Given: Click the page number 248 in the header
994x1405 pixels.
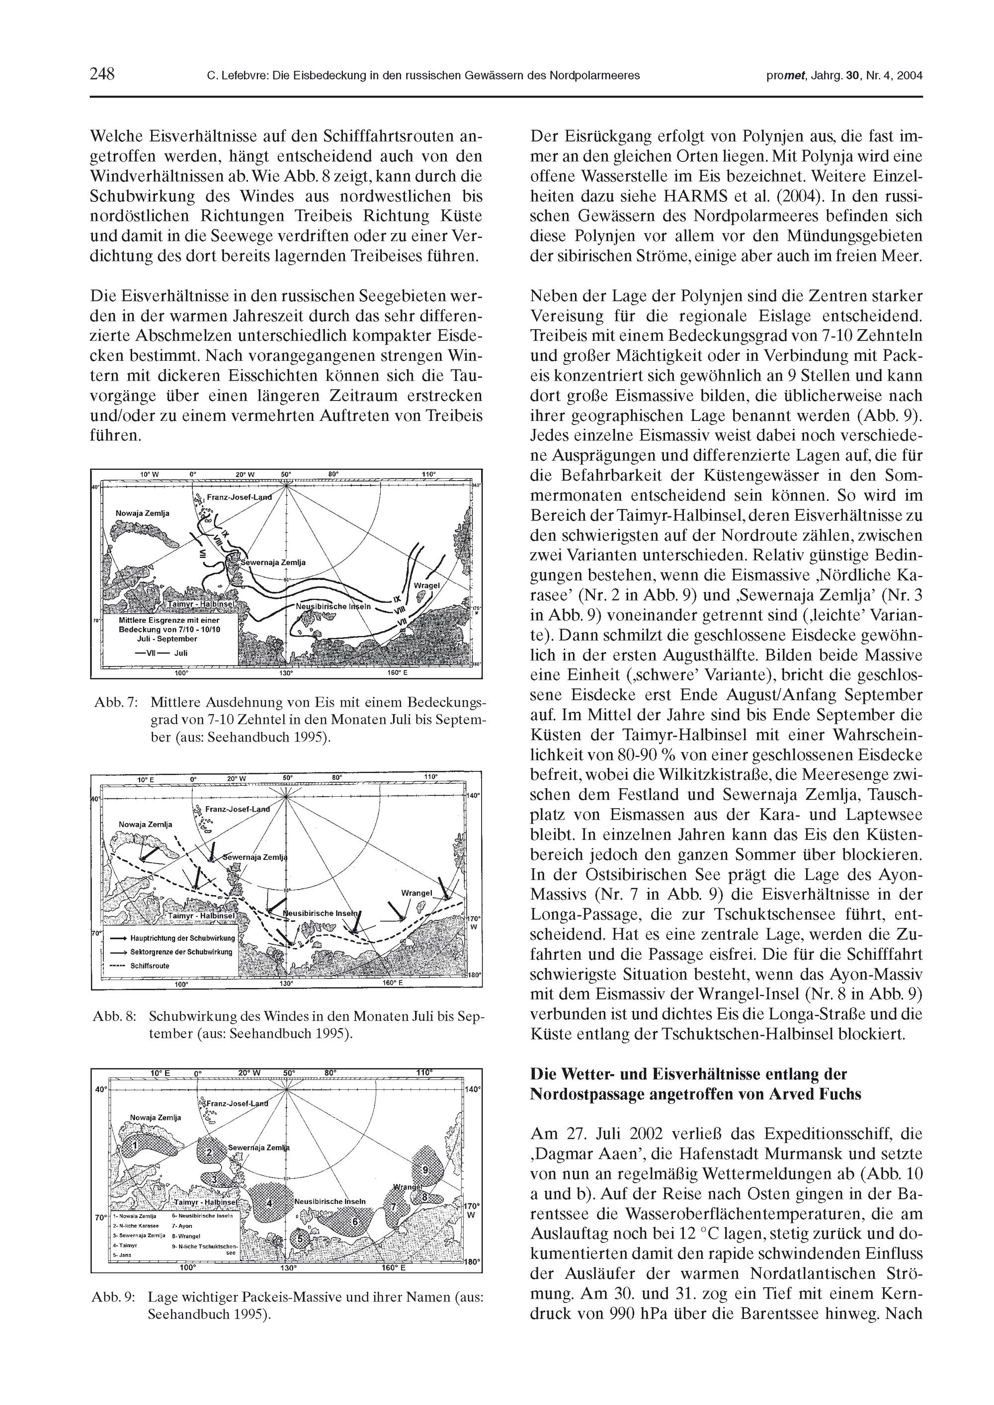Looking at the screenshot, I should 102,75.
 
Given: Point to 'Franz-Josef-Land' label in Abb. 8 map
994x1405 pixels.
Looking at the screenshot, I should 237,809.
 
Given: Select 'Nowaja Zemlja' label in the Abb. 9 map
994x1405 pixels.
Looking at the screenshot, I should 156,1117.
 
